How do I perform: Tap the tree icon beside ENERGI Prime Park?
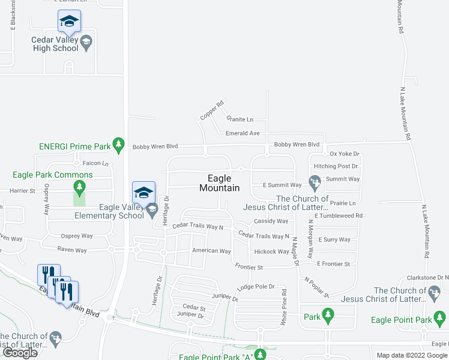click(119, 145)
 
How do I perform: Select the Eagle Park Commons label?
click(53, 175)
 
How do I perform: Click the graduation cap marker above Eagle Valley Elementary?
click(143, 192)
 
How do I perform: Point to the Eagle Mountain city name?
click(219, 183)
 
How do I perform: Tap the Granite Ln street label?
click(240, 119)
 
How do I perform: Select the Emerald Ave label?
click(243, 133)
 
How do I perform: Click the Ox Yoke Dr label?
click(344, 154)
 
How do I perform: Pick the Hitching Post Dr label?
click(336, 166)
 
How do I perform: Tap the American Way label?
click(211, 251)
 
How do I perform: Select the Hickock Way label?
click(271, 252)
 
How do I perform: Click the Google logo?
click(20, 353)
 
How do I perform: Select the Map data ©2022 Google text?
click(411, 355)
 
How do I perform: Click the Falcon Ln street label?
click(95, 163)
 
